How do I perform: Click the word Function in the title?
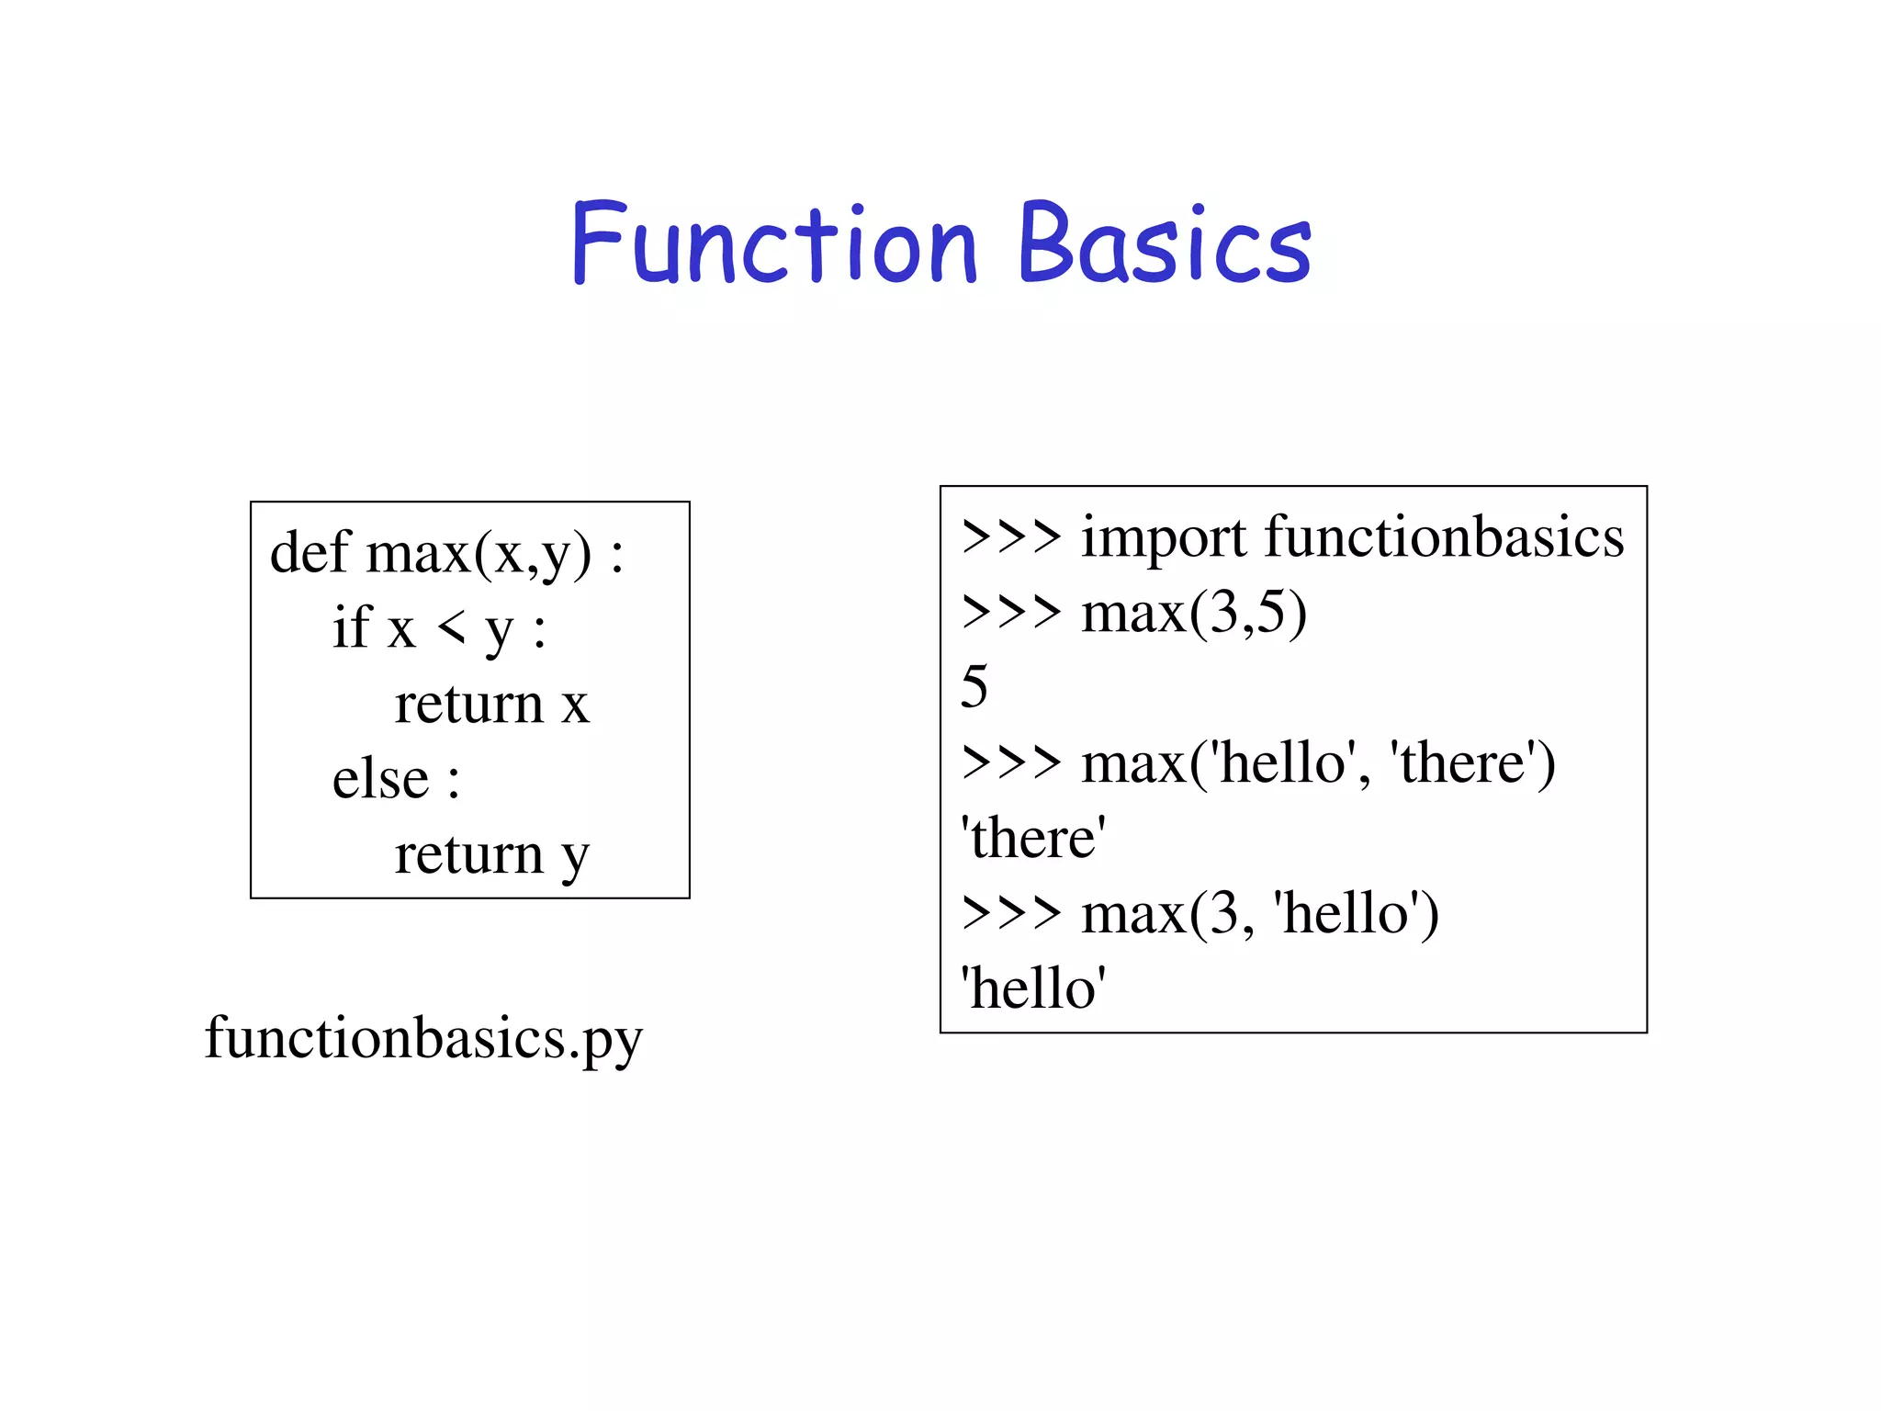(773, 244)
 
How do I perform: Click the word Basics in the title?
(1165, 244)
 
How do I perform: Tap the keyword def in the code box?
(310, 554)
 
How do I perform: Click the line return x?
(491, 705)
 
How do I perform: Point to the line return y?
(491, 855)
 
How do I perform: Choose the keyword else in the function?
(380, 780)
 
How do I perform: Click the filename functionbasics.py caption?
(423, 1039)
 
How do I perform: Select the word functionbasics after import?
(1444, 536)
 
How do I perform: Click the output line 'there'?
(1033, 838)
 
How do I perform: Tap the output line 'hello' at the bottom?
(1033, 988)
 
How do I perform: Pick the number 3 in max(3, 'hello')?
(1223, 914)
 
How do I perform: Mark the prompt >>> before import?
(1011, 536)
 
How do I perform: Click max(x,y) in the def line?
(479, 554)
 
